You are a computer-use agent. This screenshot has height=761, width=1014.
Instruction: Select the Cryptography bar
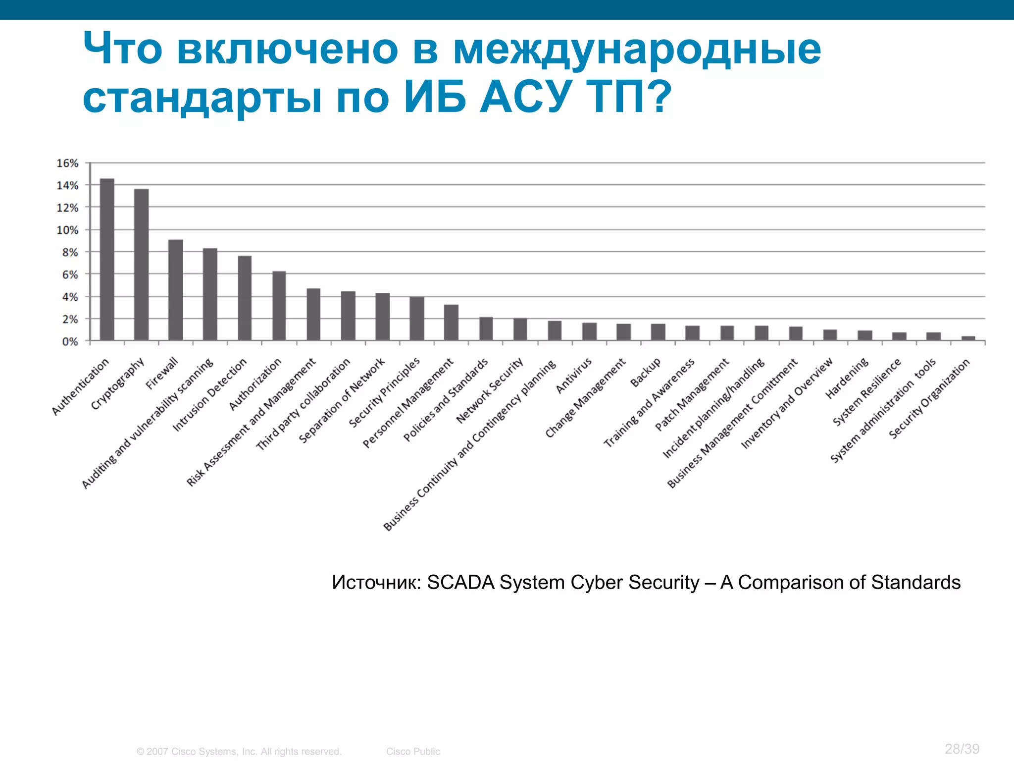tap(141, 265)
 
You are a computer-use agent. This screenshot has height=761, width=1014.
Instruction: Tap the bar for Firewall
tap(175, 290)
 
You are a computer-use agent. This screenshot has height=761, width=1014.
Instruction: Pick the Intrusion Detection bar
tap(245, 298)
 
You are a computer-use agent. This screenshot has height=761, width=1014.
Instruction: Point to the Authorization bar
tap(279, 306)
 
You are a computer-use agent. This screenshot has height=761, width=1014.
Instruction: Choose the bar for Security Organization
tap(968, 338)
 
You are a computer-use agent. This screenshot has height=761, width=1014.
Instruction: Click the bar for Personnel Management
tap(451, 323)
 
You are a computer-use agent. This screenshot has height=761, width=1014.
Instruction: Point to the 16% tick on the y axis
tap(67, 163)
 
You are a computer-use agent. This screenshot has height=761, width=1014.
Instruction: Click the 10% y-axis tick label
tap(67, 230)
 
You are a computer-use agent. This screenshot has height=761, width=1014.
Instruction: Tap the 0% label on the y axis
tap(70, 341)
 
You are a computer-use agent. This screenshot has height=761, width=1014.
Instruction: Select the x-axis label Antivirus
tap(574, 376)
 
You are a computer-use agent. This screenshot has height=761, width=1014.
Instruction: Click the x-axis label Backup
tap(645, 372)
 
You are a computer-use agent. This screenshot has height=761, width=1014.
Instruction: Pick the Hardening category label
tap(847, 378)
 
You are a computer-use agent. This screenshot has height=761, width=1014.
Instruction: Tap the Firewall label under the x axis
tap(162, 374)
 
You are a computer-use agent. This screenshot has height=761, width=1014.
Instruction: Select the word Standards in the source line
tap(915, 583)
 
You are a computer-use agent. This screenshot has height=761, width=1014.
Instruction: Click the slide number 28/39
tap(962, 749)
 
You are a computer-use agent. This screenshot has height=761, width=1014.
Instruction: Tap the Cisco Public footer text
tap(413, 752)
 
